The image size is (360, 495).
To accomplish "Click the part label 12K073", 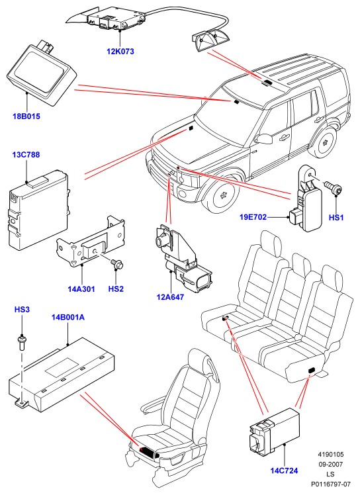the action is coord(120,51).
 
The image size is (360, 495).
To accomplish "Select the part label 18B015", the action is coord(26,116).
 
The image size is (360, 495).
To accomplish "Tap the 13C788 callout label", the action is coord(26,155).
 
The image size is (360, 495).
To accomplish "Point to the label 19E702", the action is coord(253,217).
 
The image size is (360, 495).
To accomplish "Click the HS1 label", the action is coord(336,218).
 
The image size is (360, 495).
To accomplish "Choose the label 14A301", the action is coord(81,289).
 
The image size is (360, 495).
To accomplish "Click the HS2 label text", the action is coord(116,289).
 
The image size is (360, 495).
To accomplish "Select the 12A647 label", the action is coord(170,297).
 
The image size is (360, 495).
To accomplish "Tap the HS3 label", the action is coord(22,310).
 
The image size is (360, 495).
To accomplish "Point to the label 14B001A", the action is coord(68,317).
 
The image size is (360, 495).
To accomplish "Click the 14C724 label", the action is coord(284,471).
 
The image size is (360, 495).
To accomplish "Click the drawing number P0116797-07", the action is coord(331,484).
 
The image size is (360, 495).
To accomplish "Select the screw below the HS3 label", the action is coord(22,343).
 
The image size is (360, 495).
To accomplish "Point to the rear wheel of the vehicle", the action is coord(324,143).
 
